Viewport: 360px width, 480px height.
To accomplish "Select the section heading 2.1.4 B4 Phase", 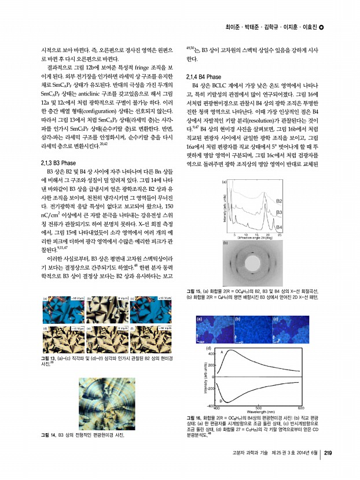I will (204, 77).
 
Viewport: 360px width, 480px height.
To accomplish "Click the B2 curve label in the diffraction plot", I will (279, 201).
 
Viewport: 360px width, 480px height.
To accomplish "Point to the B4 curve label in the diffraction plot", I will (279, 227).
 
